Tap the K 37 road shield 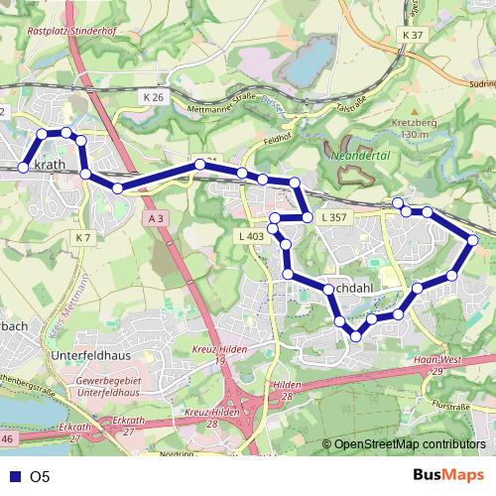click(413, 35)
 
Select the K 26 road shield click(152, 97)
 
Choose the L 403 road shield click(251, 236)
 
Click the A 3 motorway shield click(153, 216)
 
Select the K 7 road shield click(82, 238)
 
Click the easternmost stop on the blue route click(473, 239)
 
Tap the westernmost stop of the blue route click(23, 169)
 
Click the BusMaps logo click(449, 476)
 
